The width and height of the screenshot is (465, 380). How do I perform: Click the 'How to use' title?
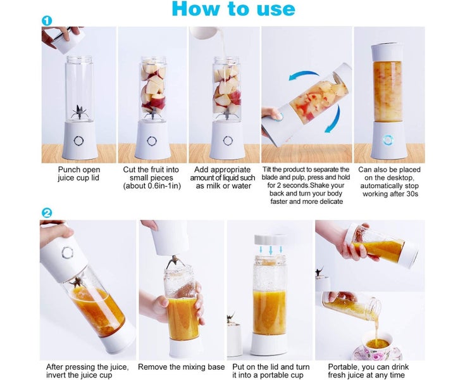[233, 9]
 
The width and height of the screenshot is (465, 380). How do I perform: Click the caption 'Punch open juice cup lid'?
[79, 174]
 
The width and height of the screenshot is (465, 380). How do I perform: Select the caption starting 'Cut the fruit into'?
[151, 178]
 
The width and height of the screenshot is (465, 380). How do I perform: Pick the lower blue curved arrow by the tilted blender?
[331, 121]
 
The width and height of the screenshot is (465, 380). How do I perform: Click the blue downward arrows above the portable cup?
[270, 250]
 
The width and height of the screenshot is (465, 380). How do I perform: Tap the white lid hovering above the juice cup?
[270, 239]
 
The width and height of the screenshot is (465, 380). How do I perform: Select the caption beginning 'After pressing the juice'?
[87, 371]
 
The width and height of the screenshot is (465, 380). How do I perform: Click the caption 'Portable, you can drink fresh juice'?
[368, 371]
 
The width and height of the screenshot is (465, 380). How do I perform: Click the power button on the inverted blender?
[67, 253]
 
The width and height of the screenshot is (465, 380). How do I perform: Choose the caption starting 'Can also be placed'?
[389, 182]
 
